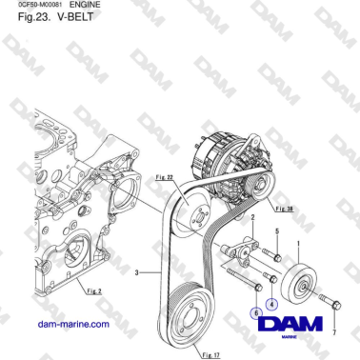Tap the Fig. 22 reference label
[x=163, y=177]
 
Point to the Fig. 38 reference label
[x=282, y=206]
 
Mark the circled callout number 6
[x=255, y=310]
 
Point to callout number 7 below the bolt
[x=333, y=332]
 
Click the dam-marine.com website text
[x=71, y=324]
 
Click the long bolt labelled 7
[x=327, y=305]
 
